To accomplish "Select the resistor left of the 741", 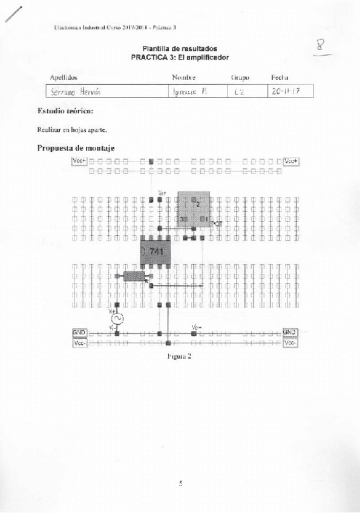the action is (x=134, y=276).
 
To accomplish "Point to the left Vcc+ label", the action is (x=79, y=160).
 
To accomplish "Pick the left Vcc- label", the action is (x=79, y=343).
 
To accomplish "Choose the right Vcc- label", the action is (x=290, y=343).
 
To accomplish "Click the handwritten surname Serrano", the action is (x=59, y=91).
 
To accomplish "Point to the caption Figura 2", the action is (x=180, y=356).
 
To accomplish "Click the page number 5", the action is (x=180, y=483).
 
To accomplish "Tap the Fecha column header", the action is (x=280, y=78).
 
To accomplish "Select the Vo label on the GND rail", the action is (x=195, y=327).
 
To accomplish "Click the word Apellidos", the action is (x=64, y=78).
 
